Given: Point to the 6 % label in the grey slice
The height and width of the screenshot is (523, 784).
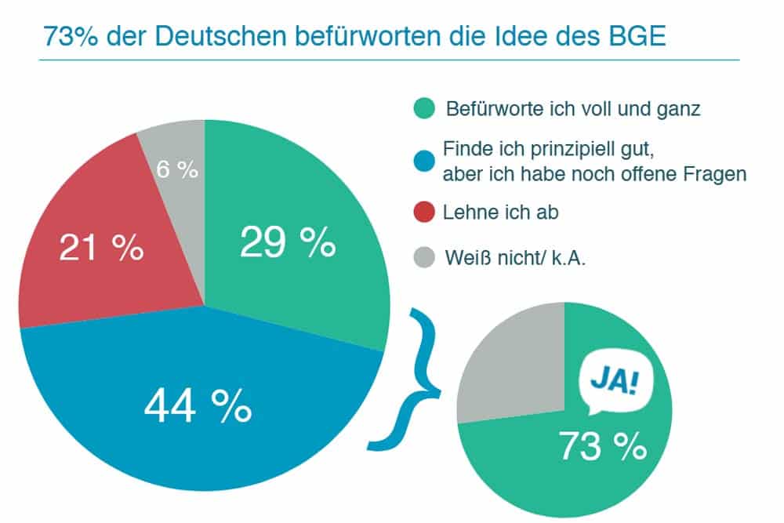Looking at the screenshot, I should tap(176, 169).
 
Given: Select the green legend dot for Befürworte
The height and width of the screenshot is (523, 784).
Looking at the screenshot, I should tap(421, 109).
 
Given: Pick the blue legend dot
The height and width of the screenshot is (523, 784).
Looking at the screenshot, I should tap(421, 161).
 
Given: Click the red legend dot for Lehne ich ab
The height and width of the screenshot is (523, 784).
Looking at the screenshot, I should tap(421, 213).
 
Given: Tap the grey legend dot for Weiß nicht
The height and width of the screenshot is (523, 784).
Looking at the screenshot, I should tap(421, 256).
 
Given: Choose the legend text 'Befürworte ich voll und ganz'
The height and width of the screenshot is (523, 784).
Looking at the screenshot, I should tap(572, 109).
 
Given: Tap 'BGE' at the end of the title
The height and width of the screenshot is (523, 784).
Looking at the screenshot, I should tap(633, 37).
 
